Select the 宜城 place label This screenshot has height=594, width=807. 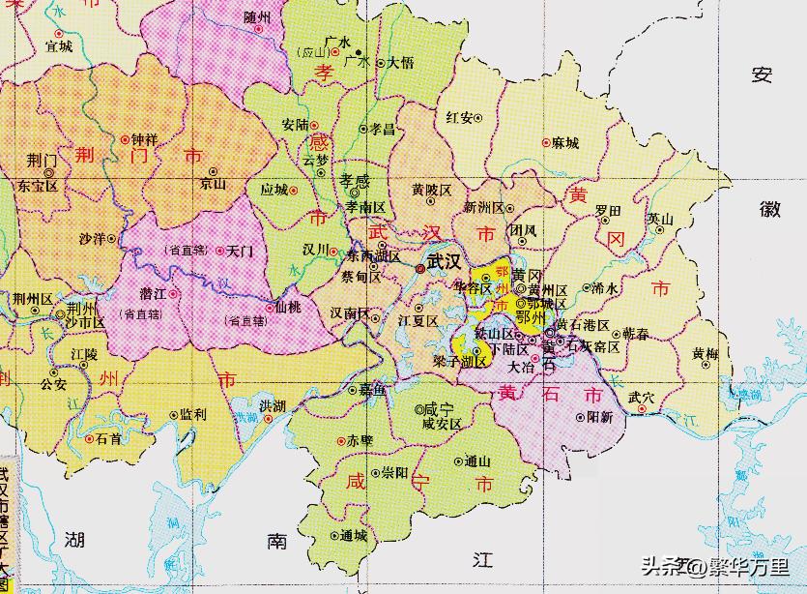(59, 45)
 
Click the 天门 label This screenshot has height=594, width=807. (239, 251)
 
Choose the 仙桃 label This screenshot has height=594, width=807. (288, 307)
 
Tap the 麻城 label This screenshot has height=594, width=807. (564, 143)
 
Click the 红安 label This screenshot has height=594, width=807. (460, 118)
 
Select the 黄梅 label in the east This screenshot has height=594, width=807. (705, 354)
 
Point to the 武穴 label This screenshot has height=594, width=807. (642, 397)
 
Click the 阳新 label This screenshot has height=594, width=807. (600, 417)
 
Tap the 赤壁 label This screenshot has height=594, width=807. (360, 440)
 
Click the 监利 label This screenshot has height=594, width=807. (192, 414)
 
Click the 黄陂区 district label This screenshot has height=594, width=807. (432, 191)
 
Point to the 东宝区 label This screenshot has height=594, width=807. (38, 185)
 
